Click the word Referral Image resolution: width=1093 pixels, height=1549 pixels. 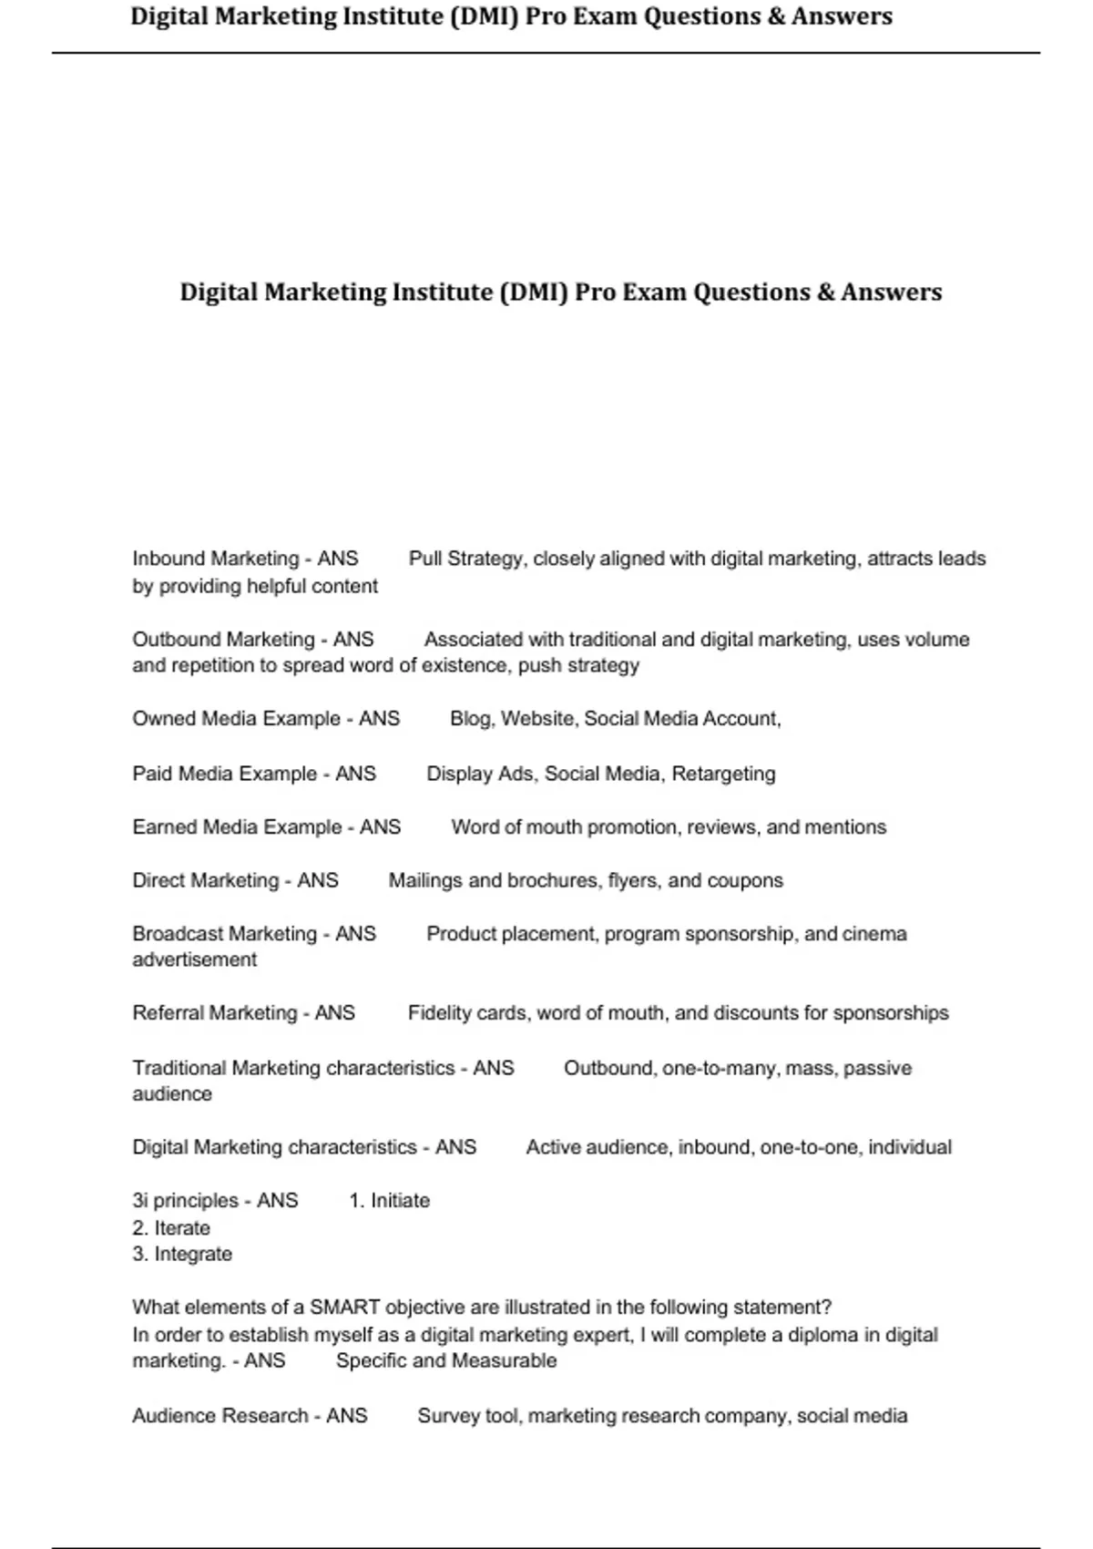click(x=169, y=1013)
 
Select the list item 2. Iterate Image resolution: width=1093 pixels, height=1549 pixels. click(x=171, y=1228)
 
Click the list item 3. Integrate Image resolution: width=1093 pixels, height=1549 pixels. click(x=182, y=1255)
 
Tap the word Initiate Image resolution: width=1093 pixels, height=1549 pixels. click(x=400, y=1201)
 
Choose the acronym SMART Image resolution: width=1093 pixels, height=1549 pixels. click(x=344, y=1308)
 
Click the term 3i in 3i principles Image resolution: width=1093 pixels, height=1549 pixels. click(x=140, y=1201)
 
